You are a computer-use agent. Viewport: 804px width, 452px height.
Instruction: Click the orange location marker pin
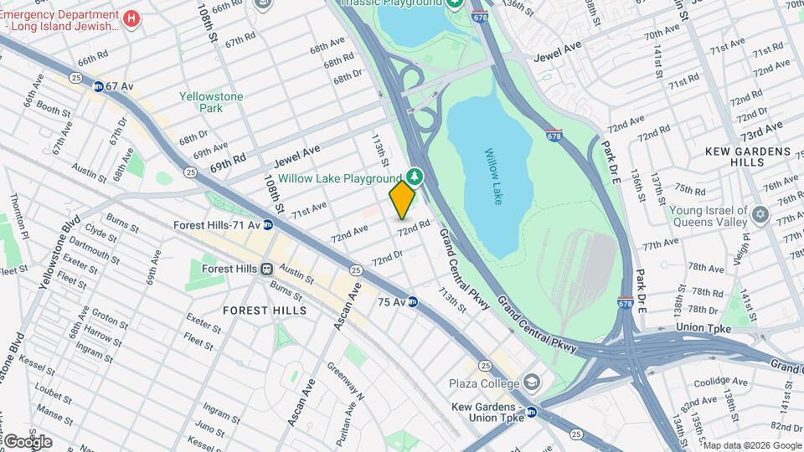click(x=402, y=198)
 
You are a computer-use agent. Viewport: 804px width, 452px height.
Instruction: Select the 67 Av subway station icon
click(x=99, y=86)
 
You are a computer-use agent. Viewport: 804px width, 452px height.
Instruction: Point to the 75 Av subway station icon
click(x=412, y=301)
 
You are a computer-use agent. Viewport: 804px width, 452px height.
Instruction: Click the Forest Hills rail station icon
click(x=267, y=270)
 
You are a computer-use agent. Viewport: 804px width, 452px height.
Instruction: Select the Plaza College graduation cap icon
click(x=531, y=383)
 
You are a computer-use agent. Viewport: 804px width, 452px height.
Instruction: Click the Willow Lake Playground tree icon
click(x=414, y=176)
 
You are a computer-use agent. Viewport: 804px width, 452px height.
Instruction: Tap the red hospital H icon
click(x=131, y=18)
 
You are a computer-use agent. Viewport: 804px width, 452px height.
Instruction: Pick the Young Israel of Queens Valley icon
click(x=760, y=215)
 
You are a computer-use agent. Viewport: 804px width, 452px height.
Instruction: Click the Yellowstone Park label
click(x=211, y=102)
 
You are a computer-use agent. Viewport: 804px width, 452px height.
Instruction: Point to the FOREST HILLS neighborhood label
click(x=265, y=311)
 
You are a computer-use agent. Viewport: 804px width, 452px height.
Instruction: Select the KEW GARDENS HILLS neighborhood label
click(x=748, y=157)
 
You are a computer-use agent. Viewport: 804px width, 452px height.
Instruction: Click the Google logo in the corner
click(x=28, y=441)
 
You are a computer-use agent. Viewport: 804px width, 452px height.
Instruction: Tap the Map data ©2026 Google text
click(x=752, y=445)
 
